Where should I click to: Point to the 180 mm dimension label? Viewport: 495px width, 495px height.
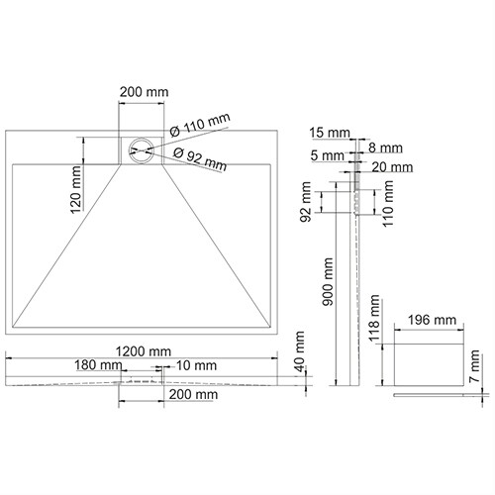click(x=99, y=365)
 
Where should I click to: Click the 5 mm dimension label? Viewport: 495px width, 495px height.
click(x=327, y=154)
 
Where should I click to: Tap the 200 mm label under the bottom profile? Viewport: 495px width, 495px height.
click(x=193, y=394)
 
